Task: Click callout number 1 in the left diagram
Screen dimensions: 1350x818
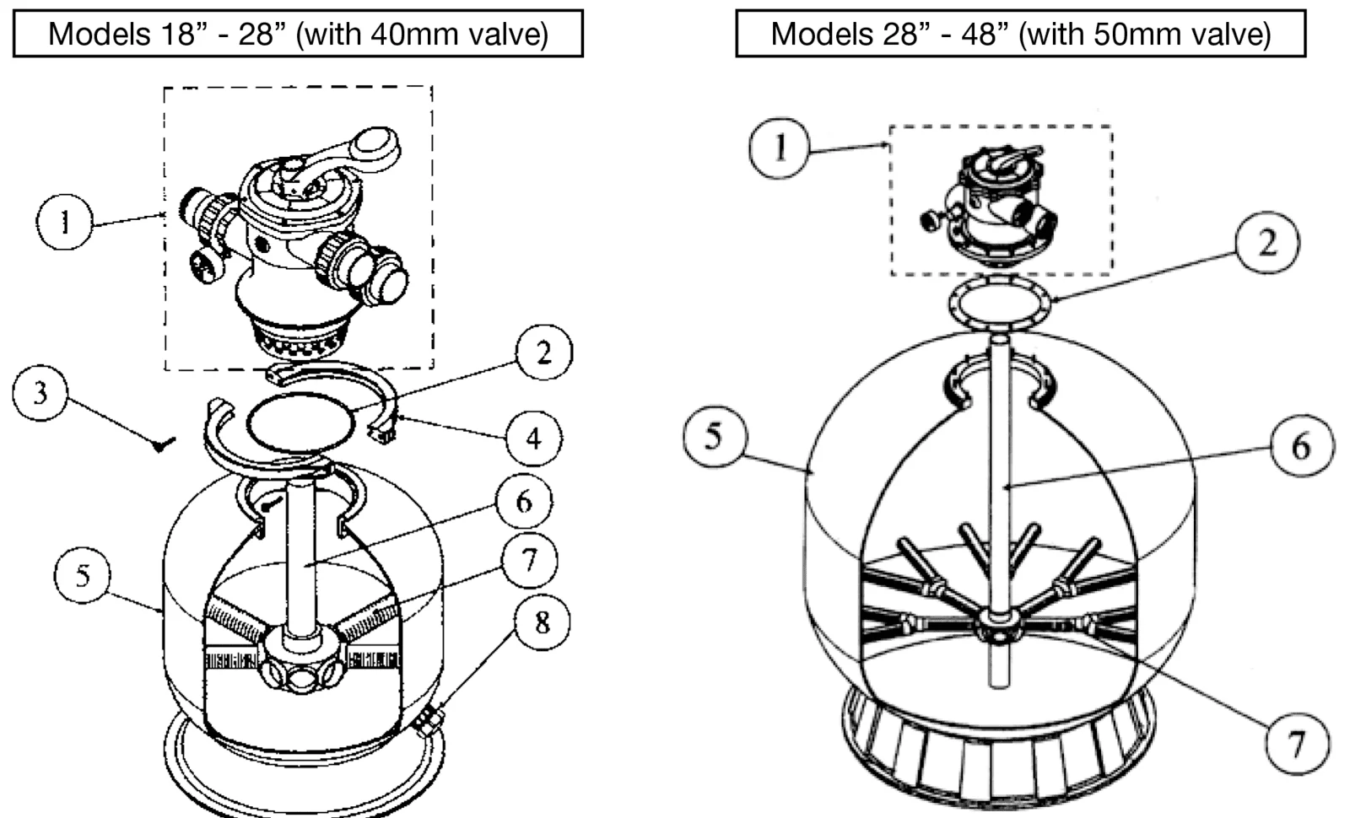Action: pyautogui.click(x=64, y=222)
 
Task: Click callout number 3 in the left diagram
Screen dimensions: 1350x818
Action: pyautogui.click(x=40, y=393)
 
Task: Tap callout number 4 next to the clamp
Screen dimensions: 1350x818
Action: pyautogui.click(x=534, y=438)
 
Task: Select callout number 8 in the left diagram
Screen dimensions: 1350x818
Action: pyautogui.click(x=543, y=622)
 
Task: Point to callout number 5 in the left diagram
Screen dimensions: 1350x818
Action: pyautogui.click(x=83, y=575)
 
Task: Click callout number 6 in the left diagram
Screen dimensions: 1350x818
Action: pyautogui.click(x=524, y=501)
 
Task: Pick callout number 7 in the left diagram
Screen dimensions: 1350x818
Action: pyautogui.click(x=529, y=561)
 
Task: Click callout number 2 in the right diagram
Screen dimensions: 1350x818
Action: pyautogui.click(x=1267, y=242)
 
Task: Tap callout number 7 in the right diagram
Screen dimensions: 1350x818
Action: pyautogui.click(x=1297, y=743)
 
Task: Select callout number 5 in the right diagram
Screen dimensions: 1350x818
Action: pyautogui.click(x=715, y=436)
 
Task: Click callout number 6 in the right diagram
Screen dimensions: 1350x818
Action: pyautogui.click(x=1303, y=446)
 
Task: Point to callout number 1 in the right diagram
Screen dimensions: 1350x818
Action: pyautogui.click(x=780, y=148)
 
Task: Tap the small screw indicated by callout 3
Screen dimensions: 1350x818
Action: pyautogui.click(x=164, y=444)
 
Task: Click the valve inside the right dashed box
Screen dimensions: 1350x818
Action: pyautogui.click(x=989, y=205)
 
